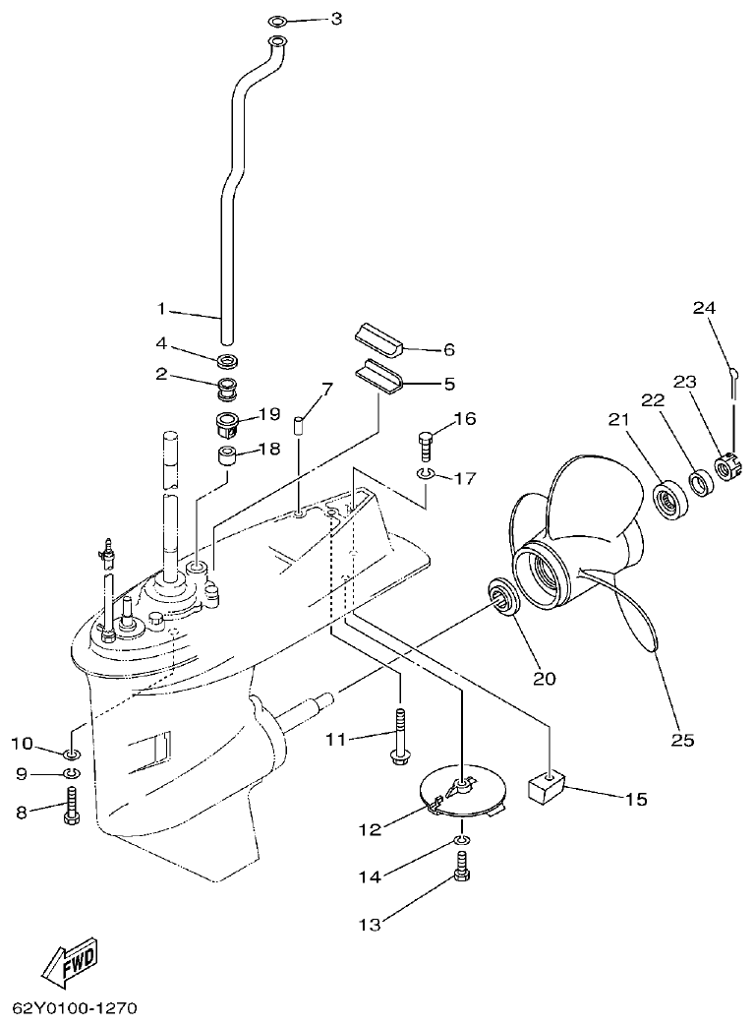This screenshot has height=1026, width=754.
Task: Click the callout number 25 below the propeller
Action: pos(682,739)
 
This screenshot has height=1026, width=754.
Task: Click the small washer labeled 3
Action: pos(278,20)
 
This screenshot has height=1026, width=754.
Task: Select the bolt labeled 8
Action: pos(70,813)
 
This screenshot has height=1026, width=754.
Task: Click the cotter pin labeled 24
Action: pos(733,377)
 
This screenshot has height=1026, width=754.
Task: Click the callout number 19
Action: pos(269,414)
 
